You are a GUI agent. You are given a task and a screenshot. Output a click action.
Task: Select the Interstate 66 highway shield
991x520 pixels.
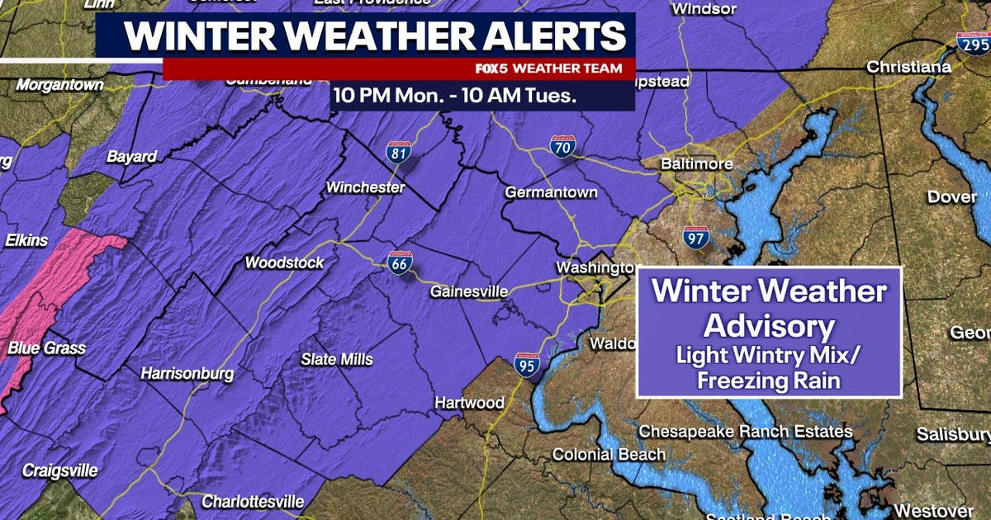pyautogui.click(x=400, y=262)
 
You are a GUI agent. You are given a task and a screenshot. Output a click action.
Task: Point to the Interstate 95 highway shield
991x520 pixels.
pyautogui.click(x=527, y=364)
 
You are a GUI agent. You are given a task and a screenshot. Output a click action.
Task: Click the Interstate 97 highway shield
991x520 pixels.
pyautogui.click(x=696, y=238)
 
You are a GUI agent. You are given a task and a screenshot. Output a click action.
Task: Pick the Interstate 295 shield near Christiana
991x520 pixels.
pyautogui.click(x=971, y=43)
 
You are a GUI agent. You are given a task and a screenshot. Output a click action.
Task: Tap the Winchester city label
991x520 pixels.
pyautogui.click(x=365, y=187)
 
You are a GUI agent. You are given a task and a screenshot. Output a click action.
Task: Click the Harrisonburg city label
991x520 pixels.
pyautogui.click(x=187, y=373)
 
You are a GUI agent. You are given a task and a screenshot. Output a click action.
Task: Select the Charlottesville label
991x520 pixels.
pyautogui.click(x=253, y=501)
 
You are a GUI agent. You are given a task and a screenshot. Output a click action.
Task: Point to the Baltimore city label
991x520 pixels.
pyautogui.click(x=696, y=164)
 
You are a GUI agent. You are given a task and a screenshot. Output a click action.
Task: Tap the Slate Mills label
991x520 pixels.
pyautogui.click(x=336, y=359)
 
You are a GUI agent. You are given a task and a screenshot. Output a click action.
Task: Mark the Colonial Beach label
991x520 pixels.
pyautogui.click(x=608, y=454)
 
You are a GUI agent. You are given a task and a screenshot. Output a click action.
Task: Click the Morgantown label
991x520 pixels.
pyautogui.click(x=60, y=84)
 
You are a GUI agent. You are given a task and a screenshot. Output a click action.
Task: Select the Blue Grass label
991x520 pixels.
pyautogui.click(x=46, y=348)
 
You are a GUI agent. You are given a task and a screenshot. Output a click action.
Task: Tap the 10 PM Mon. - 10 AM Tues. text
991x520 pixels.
pyautogui.click(x=454, y=95)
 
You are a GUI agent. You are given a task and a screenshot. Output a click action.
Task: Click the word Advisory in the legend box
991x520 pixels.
pyautogui.click(x=767, y=326)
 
